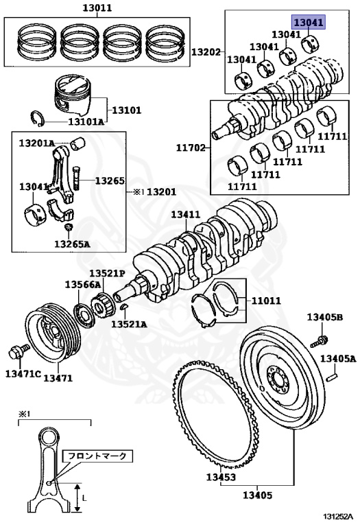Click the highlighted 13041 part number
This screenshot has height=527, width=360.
click(x=309, y=22)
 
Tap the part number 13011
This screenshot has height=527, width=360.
click(x=97, y=8)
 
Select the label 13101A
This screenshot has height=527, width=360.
click(x=86, y=121)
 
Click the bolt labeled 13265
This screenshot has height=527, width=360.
click(x=77, y=177)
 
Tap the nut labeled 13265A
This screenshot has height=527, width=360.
click(x=69, y=227)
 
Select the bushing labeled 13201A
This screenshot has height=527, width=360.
click(x=79, y=143)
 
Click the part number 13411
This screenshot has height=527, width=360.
click(x=185, y=214)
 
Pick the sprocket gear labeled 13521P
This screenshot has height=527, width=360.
click(x=101, y=303)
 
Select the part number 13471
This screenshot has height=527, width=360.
click(x=58, y=378)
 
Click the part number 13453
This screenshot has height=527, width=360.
click(x=221, y=477)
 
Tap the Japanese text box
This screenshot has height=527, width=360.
click(x=97, y=456)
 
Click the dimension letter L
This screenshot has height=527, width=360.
click(x=84, y=496)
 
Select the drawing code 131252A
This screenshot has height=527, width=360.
click(x=339, y=519)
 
